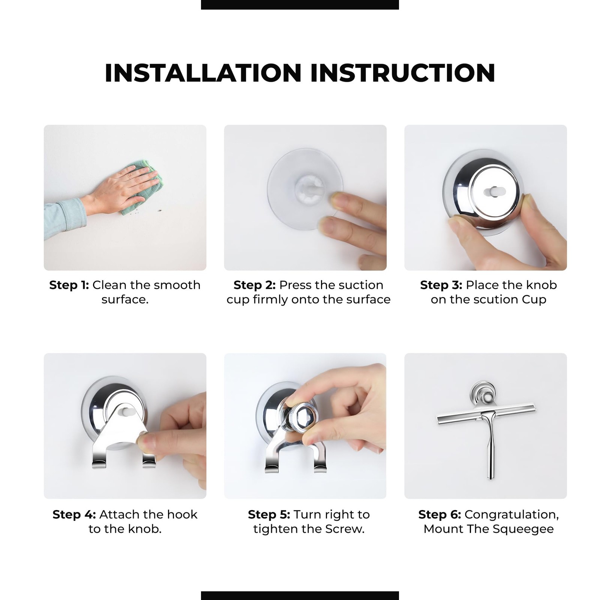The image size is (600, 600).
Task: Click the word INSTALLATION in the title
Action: [x=203, y=73]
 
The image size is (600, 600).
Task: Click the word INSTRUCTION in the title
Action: [x=403, y=73]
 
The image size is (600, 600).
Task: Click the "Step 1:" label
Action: [x=69, y=285]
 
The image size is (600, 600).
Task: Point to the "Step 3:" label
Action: [x=441, y=285]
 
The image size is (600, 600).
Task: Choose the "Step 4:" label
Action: [x=74, y=514]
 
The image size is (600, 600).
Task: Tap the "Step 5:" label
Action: [x=269, y=514]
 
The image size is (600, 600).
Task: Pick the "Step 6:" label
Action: [x=439, y=514]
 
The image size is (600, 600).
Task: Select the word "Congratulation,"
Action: [x=512, y=515]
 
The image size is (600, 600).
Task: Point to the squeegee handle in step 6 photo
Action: [x=490, y=450]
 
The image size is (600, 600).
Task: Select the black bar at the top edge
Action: [x=300, y=4]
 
